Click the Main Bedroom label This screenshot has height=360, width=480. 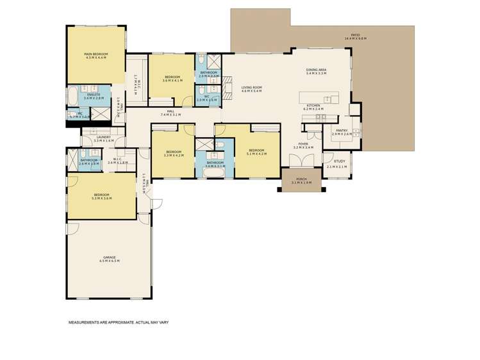[x=95, y=54]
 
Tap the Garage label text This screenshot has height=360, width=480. [x=110, y=257]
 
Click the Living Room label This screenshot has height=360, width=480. [x=251, y=87]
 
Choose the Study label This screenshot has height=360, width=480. [x=339, y=161]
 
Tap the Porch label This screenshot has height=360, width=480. [x=301, y=179]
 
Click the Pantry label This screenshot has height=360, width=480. [x=342, y=130]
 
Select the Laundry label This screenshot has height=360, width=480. [x=103, y=136]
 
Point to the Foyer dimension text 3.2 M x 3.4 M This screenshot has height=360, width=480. [x=303, y=148]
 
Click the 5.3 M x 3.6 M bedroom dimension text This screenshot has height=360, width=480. [x=102, y=199]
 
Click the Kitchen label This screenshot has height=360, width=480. [x=313, y=105]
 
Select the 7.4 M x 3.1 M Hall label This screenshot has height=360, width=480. [x=171, y=115]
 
